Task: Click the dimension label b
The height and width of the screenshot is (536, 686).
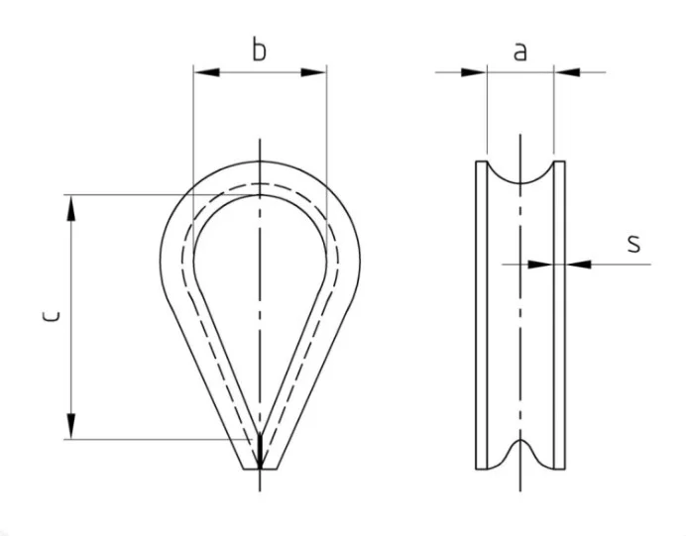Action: (259, 50)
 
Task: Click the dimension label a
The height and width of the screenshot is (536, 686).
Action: (519, 53)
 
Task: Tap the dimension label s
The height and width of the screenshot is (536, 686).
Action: (633, 244)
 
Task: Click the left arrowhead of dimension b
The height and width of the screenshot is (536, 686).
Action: (206, 72)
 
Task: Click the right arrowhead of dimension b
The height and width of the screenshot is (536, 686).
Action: (313, 72)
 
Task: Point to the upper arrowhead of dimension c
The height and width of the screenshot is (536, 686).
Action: (70, 208)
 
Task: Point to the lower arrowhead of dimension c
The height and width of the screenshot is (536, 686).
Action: (70, 426)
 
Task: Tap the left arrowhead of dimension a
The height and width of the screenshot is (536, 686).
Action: (474, 72)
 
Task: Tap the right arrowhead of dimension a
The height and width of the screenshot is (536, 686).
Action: (567, 72)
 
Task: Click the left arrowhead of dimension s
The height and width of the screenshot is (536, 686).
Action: (540, 265)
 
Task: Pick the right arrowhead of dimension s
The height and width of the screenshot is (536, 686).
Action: (578, 265)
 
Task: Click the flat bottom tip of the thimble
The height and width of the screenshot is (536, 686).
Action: (260, 469)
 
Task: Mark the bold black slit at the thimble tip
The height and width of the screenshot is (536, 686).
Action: (260, 451)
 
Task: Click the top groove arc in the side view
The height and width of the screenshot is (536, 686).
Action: (520, 172)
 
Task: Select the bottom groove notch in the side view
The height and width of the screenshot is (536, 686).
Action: (520, 454)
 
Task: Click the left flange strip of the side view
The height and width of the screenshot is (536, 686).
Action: (481, 315)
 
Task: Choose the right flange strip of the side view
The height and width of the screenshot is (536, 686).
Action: (559, 315)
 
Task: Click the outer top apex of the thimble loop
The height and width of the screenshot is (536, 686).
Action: (260, 161)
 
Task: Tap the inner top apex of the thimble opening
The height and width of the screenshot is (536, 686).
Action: (260, 195)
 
